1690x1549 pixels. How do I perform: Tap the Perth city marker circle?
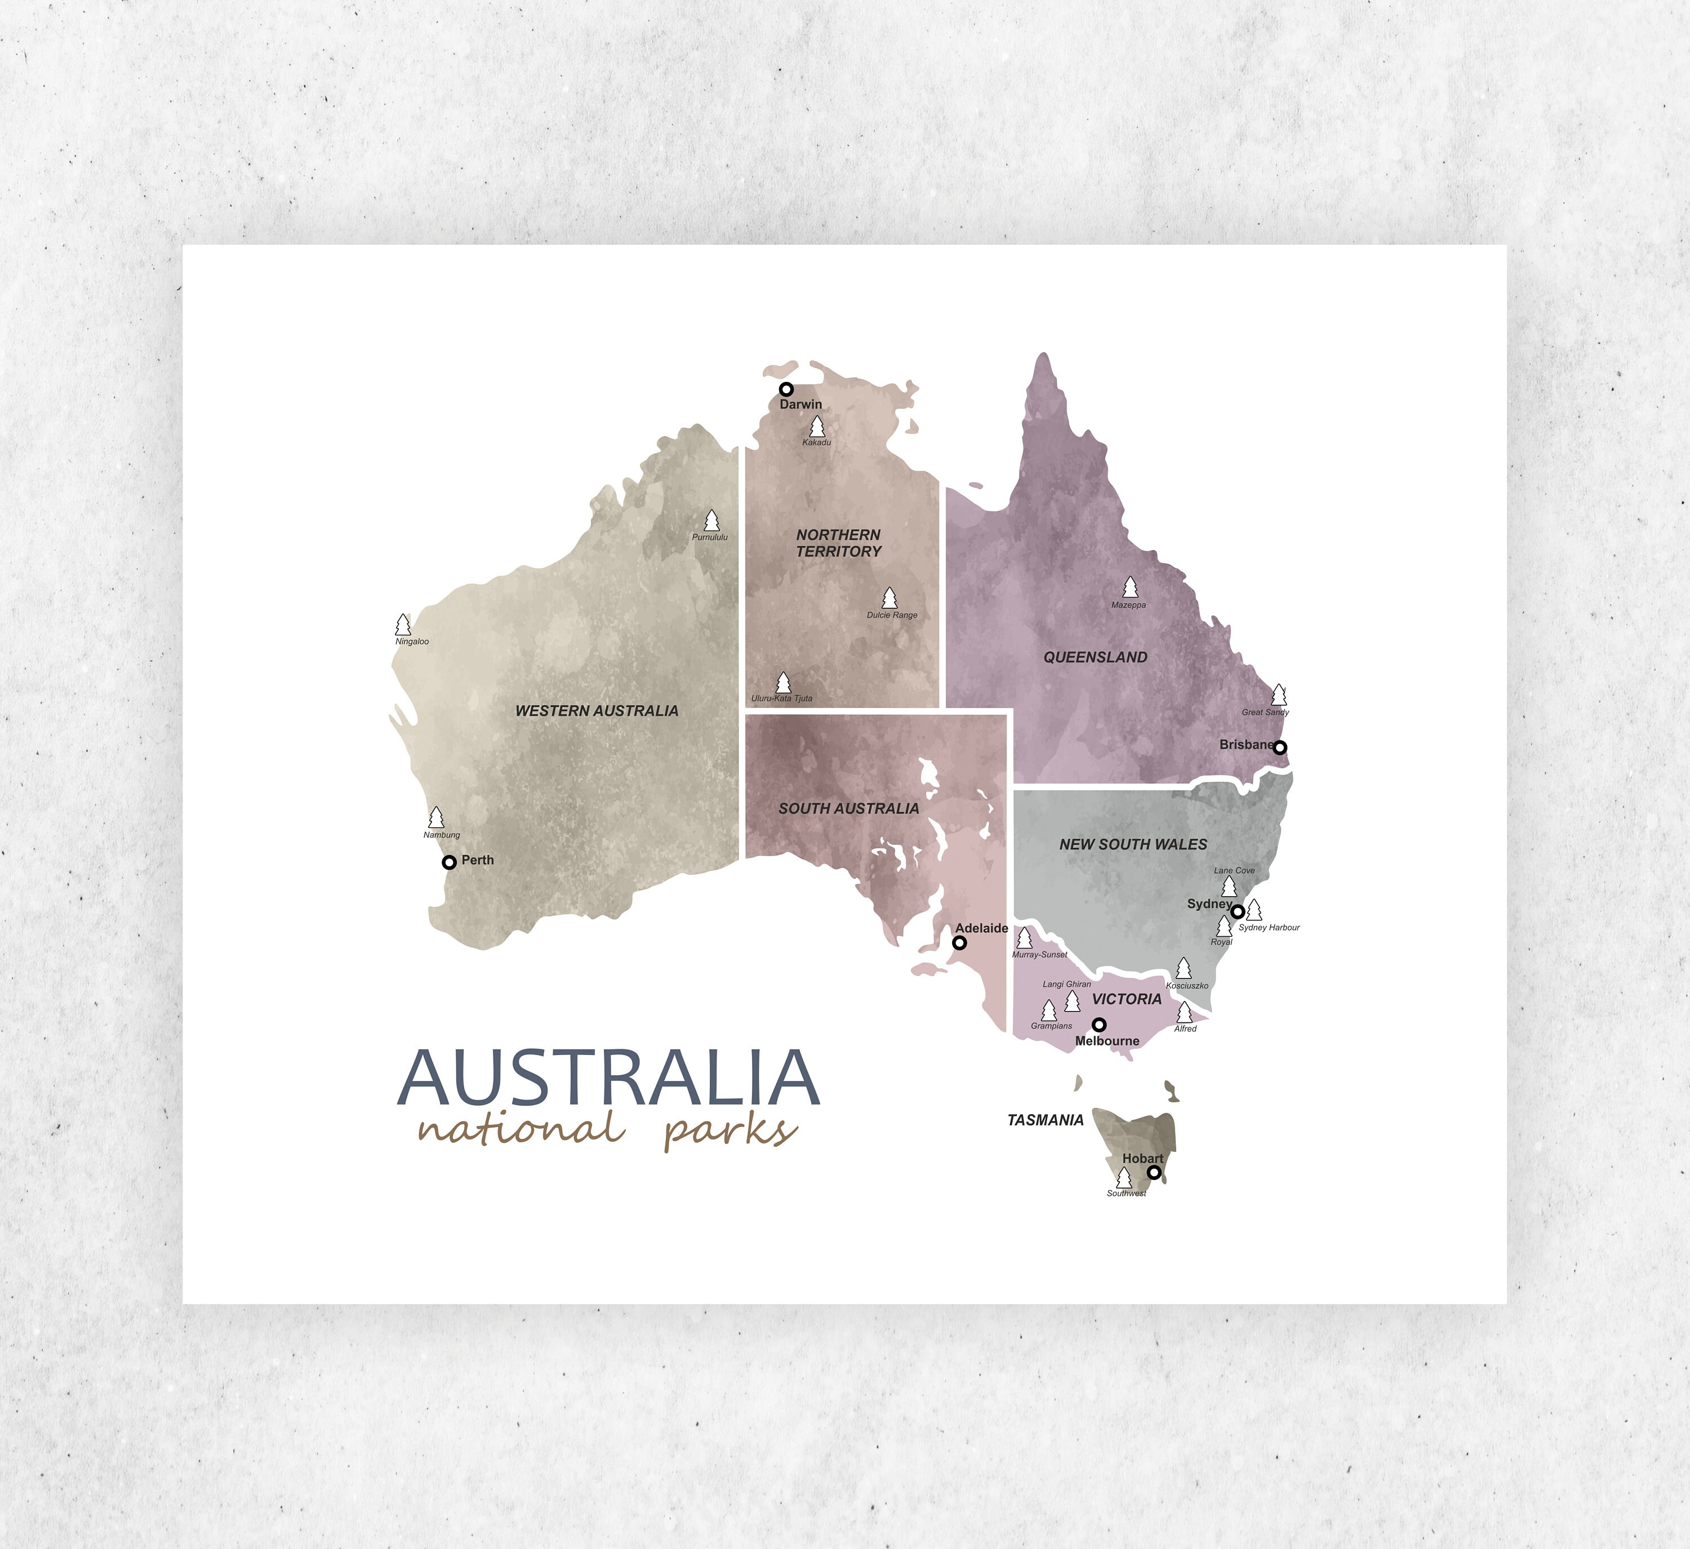click(x=450, y=862)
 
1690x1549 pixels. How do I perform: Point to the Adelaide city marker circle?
click(x=960, y=943)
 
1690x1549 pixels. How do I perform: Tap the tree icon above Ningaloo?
click(x=403, y=625)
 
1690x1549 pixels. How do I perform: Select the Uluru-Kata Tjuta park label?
click(x=781, y=698)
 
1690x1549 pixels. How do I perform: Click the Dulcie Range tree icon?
click(x=890, y=598)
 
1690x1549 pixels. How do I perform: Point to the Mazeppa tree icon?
click(x=1130, y=587)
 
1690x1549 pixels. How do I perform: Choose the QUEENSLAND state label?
click(x=1095, y=657)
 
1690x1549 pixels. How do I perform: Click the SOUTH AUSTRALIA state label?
click(x=848, y=808)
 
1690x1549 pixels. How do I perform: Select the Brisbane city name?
click(x=1246, y=744)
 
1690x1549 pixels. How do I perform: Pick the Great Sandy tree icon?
click(x=1278, y=695)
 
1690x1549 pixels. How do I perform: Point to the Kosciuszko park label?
click(x=1187, y=986)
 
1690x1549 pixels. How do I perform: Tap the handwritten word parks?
click(x=730, y=1132)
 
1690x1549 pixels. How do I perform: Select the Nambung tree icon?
click(x=436, y=817)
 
